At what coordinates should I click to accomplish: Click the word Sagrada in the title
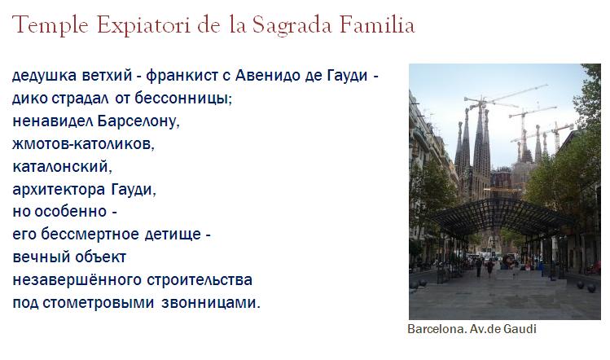click(292, 26)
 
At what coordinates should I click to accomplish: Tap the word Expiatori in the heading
click(144, 26)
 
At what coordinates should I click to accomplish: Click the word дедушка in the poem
click(44, 75)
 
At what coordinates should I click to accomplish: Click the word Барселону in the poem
click(138, 121)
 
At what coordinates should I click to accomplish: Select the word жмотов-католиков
click(83, 144)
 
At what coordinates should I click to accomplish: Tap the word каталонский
click(62, 167)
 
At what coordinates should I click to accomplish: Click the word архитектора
click(59, 190)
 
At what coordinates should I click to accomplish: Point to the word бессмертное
click(90, 235)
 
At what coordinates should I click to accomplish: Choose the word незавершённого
click(77, 280)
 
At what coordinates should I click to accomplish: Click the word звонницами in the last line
click(210, 303)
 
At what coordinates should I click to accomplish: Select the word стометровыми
click(98, 303)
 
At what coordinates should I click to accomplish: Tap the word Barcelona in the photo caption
click(437, 329)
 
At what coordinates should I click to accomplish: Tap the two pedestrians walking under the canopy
click(485, 266)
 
